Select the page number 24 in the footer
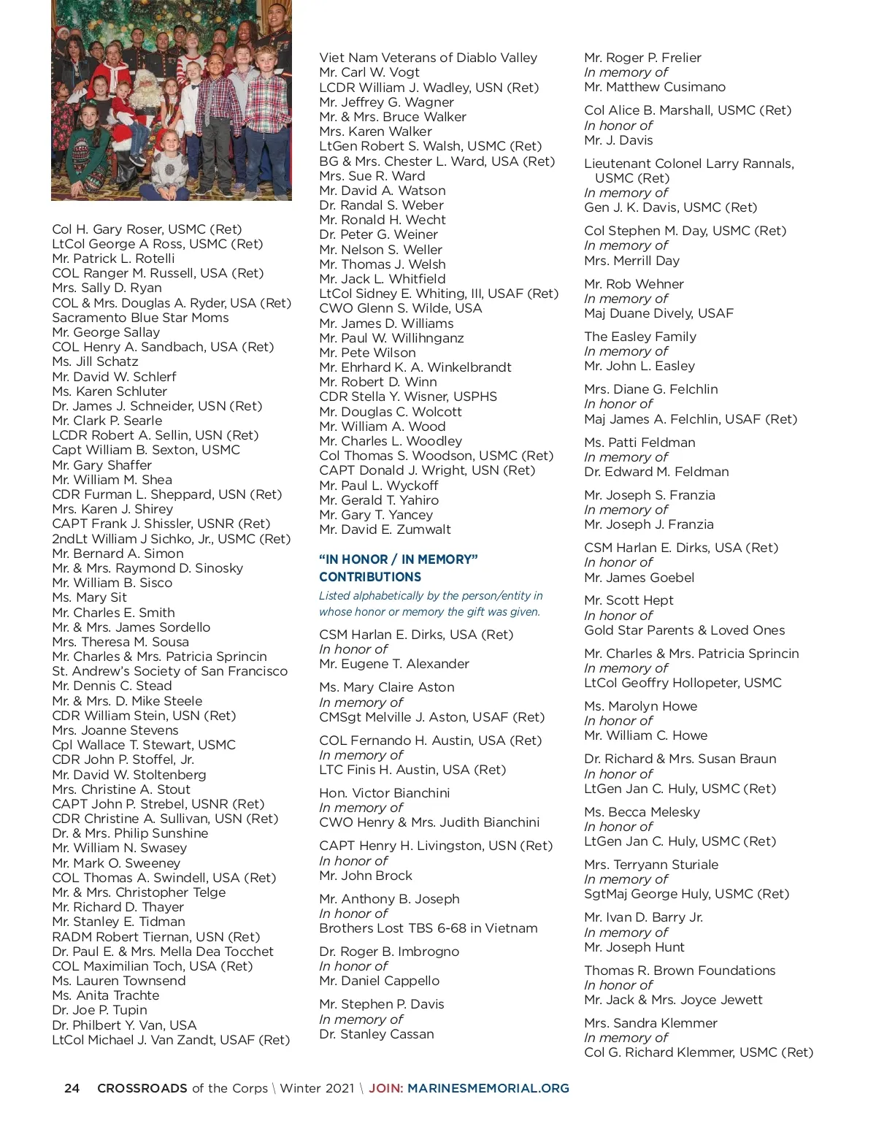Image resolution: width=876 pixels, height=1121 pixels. click(x=72, y=1088)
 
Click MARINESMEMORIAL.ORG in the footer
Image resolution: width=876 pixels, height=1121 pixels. click(x=488, y=1088)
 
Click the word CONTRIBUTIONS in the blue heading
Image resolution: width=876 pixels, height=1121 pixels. click(x=370, y=577)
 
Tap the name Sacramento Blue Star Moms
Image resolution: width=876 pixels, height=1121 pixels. click(x=140, y=318)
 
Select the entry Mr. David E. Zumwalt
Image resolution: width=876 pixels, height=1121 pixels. click(x=385, y=529)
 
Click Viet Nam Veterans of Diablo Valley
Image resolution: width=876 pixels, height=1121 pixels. click(x=428, y=58)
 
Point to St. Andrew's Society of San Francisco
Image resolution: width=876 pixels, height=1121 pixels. click(x=169, y=671)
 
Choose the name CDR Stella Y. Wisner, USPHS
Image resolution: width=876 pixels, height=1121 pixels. click(x=407, y=397)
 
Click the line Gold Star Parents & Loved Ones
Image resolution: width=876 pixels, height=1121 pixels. click(x=684, y=630)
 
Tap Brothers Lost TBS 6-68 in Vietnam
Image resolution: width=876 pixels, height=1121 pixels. click(x=428, y=928)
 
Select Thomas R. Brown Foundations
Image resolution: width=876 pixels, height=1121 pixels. click(x=680, y=971)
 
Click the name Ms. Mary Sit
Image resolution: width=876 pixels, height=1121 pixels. click(x=89, y=597)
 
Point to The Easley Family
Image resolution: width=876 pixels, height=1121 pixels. click(x=639, y=337)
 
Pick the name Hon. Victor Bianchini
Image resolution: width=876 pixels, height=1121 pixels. click(x=384, y=793)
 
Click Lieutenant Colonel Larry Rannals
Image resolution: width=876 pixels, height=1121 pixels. click(x=688, y=164)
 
